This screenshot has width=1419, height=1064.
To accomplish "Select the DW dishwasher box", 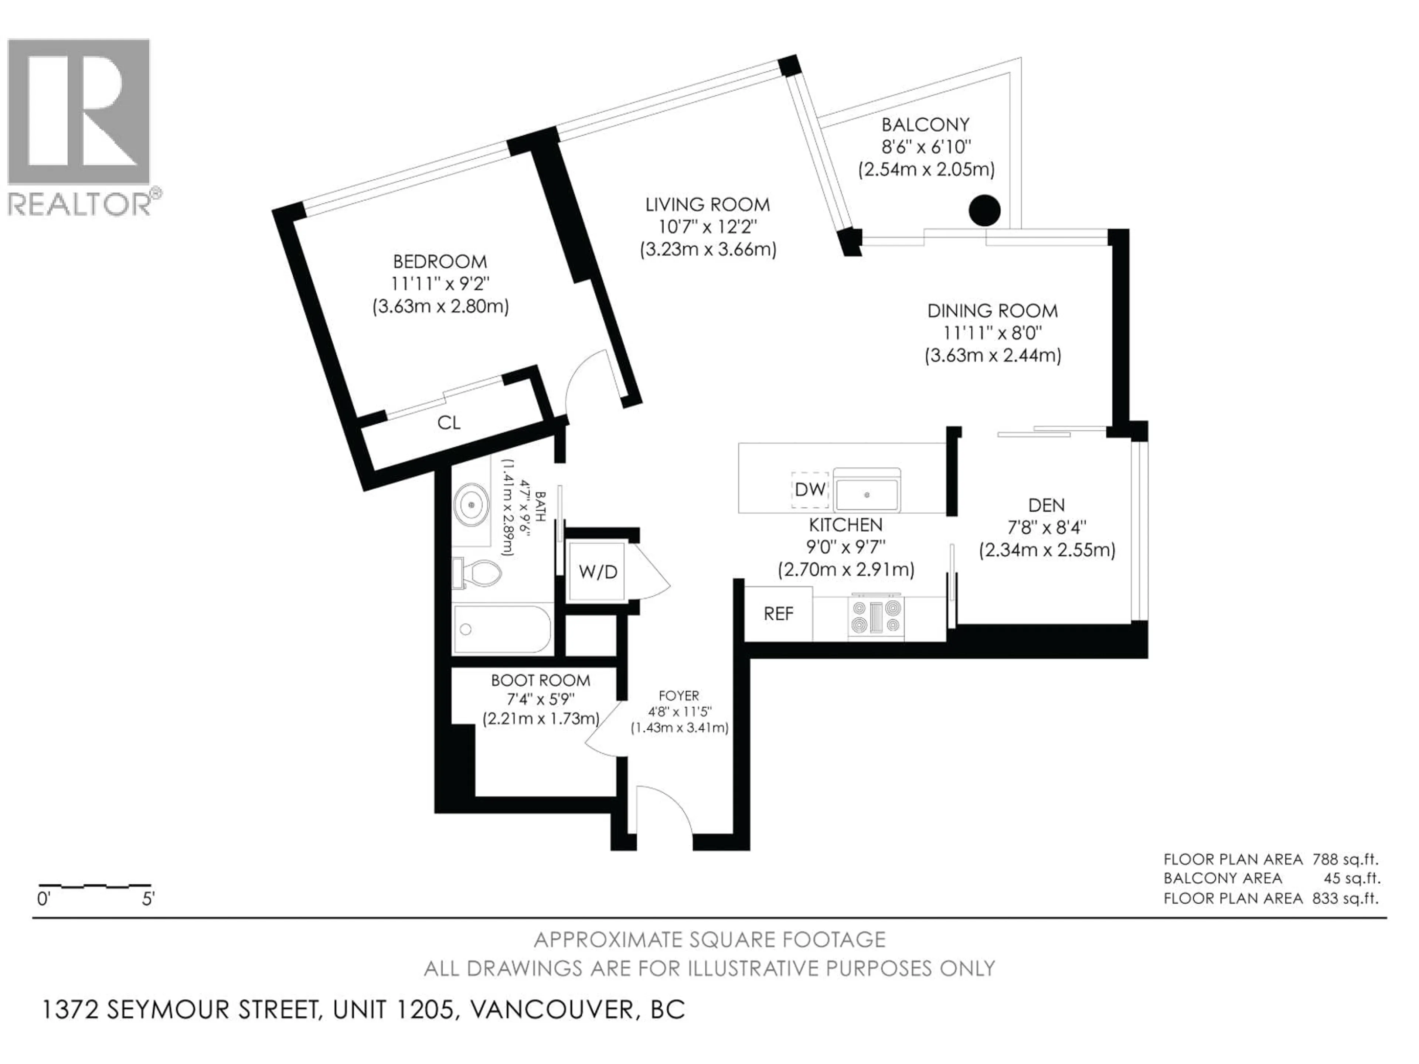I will coord(810,490).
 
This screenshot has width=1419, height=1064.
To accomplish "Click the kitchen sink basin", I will coord(867,494).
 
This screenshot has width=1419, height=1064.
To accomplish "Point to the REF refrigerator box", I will coord(778,614).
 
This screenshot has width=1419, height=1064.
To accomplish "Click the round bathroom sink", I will coord(472,505).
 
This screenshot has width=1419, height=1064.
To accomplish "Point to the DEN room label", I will coord(1046,505).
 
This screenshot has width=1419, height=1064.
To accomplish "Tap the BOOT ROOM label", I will coord(540,681).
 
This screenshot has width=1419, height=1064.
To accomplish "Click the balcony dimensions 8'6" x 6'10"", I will coord(926,147).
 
